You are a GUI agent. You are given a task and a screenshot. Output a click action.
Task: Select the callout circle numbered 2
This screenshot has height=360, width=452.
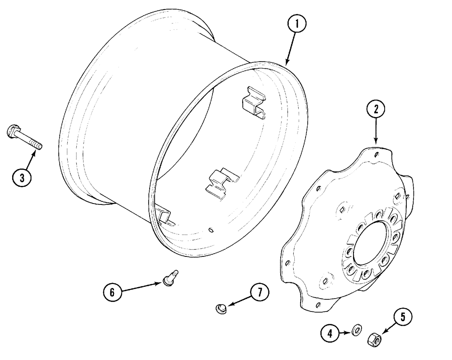376,109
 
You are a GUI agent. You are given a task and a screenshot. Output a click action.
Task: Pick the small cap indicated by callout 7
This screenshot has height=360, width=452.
221,309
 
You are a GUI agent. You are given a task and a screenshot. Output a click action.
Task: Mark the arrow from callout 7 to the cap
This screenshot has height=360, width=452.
239,301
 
